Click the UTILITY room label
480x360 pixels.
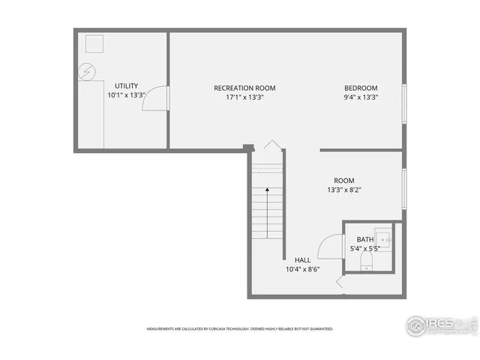click(126, 85)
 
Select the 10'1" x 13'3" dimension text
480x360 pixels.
click(126, 96)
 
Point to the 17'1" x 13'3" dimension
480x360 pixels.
click(244, 97)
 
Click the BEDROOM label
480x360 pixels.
click(361, 88)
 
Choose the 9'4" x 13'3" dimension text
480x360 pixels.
click(361, 97)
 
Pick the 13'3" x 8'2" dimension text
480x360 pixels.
click(345, 190)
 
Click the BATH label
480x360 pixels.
click(365, 239)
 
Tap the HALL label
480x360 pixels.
click(302, 259)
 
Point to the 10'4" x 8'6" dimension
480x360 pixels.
click(302, 269)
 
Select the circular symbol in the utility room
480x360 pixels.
click(88, 72)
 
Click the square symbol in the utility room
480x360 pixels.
click(95, 44)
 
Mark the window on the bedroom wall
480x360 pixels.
click(404, 103)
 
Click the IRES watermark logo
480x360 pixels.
click(441, 324)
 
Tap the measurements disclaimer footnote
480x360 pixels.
click(239, 328)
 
